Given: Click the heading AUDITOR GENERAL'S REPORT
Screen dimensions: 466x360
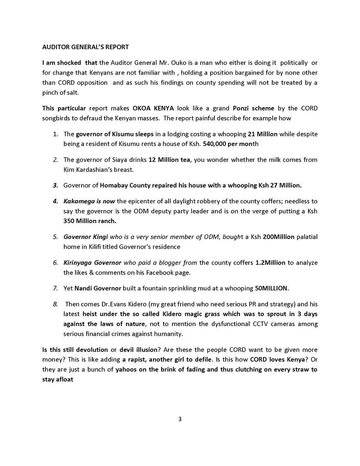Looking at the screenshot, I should point(85,47).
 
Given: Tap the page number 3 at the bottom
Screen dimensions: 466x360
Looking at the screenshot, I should point(180,419).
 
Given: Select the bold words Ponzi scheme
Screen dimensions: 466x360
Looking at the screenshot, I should point(253,108).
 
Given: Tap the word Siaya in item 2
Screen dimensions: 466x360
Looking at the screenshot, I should point(120,159).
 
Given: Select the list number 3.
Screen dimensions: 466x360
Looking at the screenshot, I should point(55,185).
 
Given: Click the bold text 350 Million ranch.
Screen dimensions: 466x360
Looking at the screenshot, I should point(90,221).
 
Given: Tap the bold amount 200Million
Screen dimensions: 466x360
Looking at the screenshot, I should point(278,237).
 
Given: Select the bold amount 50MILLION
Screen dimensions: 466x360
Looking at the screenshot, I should point(271,288).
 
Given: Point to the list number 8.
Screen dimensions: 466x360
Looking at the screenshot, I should point(55,304).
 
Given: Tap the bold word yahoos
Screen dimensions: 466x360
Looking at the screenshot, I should point(128,369).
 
